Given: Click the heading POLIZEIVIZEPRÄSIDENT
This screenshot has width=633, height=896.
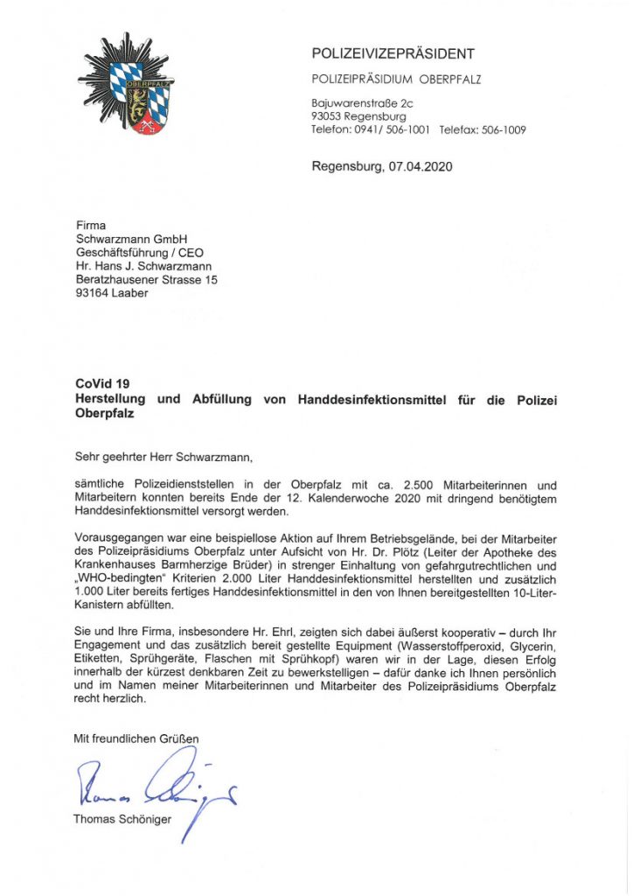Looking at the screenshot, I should tap(393, 54).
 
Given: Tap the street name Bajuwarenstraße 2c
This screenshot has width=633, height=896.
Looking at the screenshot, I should tap(362, 103).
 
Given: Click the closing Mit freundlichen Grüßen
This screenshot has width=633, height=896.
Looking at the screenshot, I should tap(137, 738).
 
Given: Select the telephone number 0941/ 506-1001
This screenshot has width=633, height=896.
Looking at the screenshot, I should tap(389, 129).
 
